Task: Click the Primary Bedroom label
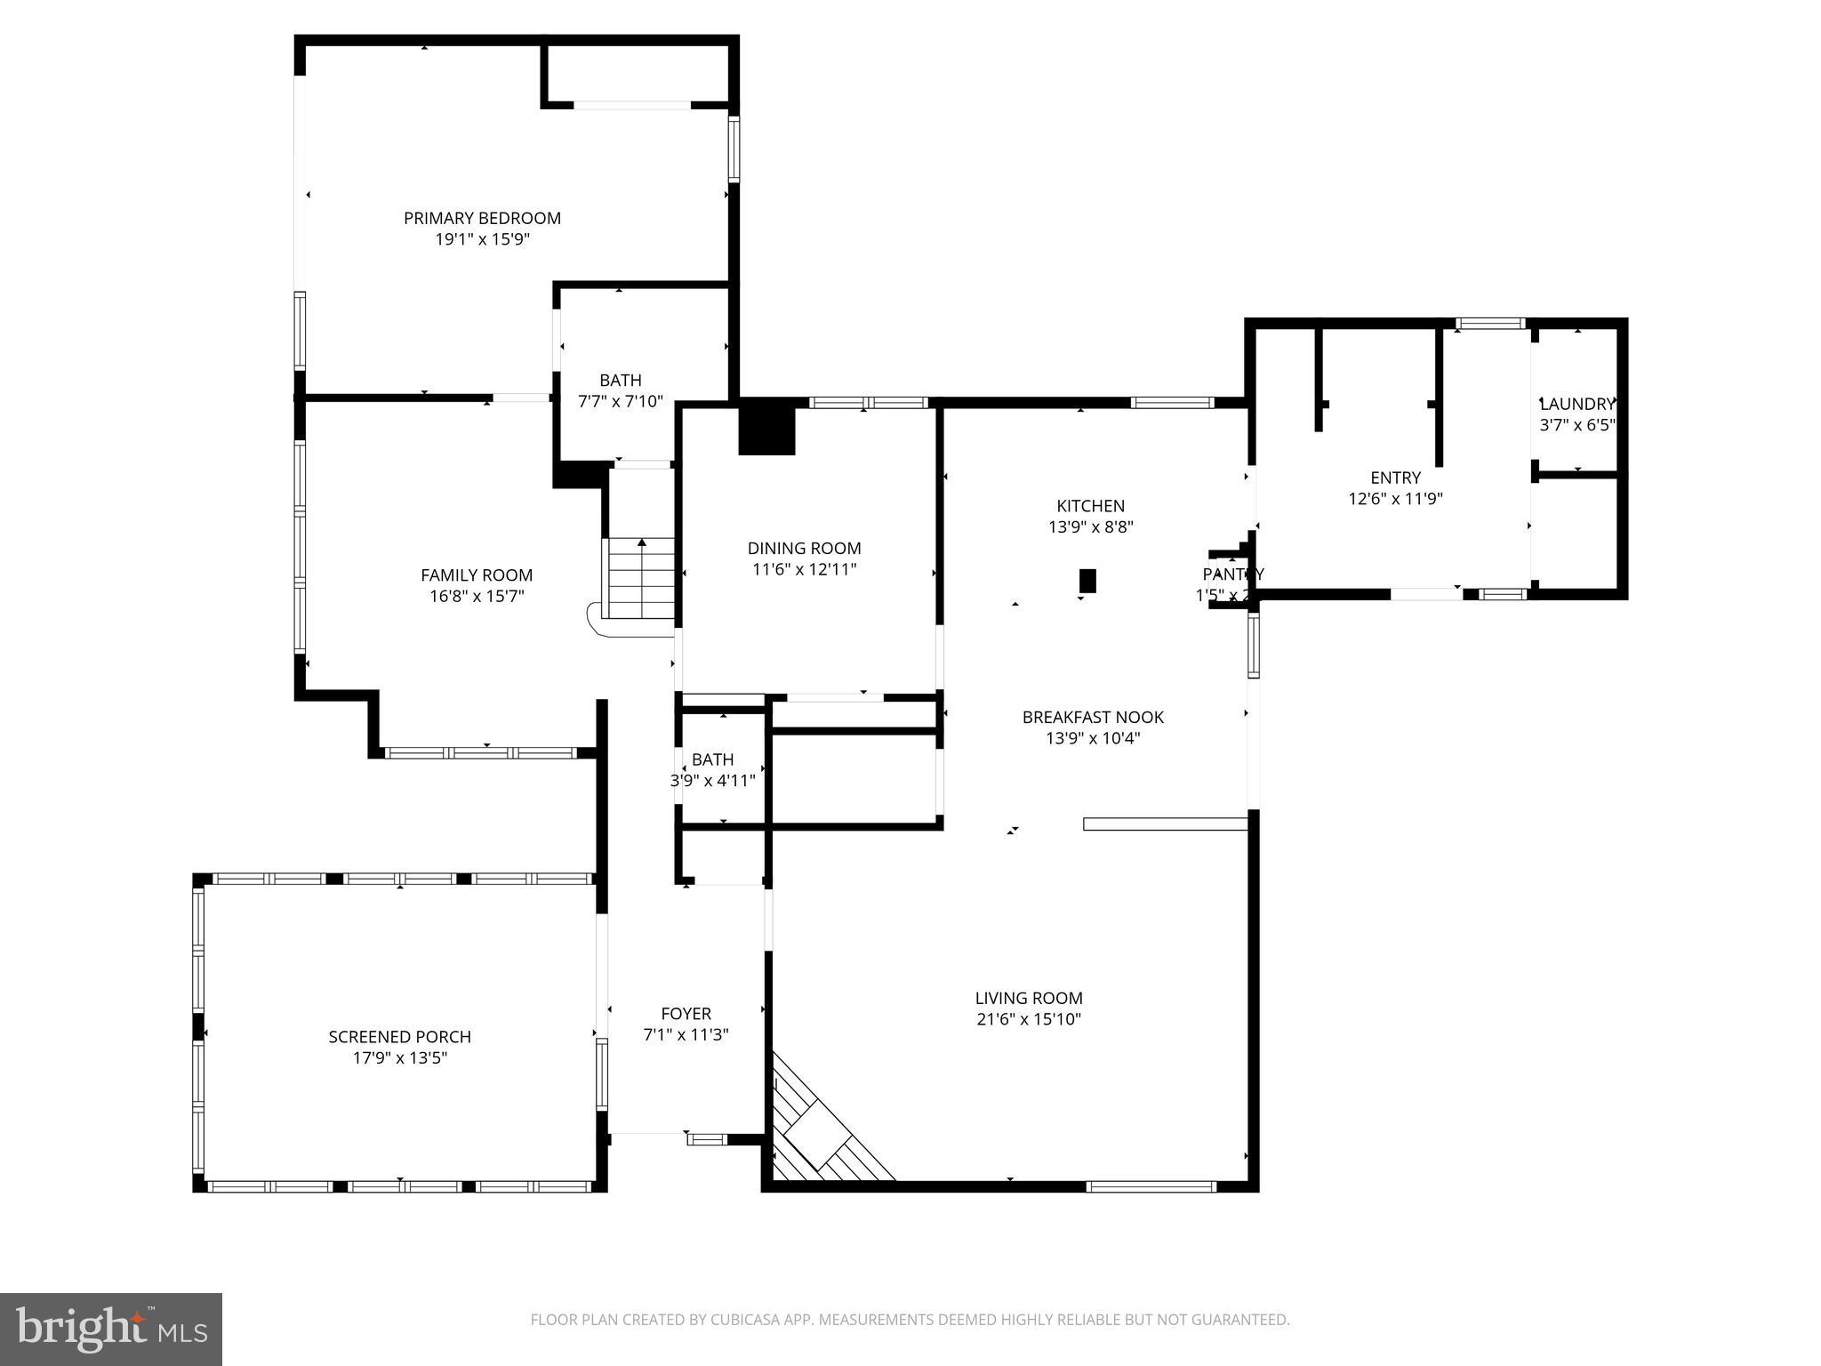[482, 218]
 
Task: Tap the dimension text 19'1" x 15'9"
[482, 239]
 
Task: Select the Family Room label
[477, 575]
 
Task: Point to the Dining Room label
[804, 549]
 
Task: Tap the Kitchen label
[1090, 506]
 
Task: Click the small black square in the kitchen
[1087, 581]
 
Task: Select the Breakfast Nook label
[1093, 717]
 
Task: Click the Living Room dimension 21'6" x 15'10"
[1029, 1019]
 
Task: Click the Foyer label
[686, 1014]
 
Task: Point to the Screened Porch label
[399, 1037]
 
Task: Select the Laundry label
[1576, 404]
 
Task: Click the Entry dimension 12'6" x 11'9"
[1395, 499]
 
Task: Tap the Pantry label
[1232, 575]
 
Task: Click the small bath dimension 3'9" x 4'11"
[712, 781]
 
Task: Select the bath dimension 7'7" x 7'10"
[620, 401]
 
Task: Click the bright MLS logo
[111, 1330]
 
